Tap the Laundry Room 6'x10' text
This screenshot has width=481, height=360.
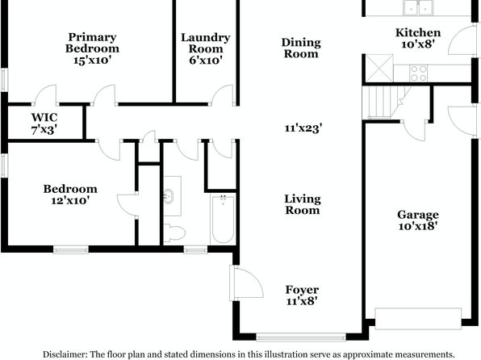pyautogui.click(x=206, y=48)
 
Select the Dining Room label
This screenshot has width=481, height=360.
pyautogui.click(x=301, y=48)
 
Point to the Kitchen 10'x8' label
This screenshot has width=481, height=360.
pyautogui.click(x=418, y=39)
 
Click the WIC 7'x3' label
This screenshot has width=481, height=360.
pyautogui.click(x=44, y=123)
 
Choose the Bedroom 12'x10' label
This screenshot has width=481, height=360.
pyautogui.click(x=70, y=195)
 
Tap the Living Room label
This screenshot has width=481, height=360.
pyautogui.click(x=303, y=204)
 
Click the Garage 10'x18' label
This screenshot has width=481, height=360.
pyautogui.click(x=418, y=220)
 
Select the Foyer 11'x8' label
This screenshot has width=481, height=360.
pyautogui.click(x=302, y=295)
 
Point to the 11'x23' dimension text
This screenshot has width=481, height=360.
pyautogui.click(x=303, y=128)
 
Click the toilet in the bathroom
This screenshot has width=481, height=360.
pyautogui.click(x=174, y=232)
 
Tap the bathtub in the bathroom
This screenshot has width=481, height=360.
pyautogui.click(x=223, y=219)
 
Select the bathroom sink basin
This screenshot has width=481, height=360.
pyautogui.click(x=169, y=196)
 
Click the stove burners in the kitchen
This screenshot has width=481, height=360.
pyautogui.click(x=418, y=73)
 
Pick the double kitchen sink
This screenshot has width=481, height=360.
pyautogui.click(x=418, y=7)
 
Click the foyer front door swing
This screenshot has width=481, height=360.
pyautogui.click(x=247, y=283)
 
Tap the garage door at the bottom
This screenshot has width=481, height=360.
pyautogui.click(x=418, y=319)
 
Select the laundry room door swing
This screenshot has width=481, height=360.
pyautogui.click(x=223, y=95)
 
